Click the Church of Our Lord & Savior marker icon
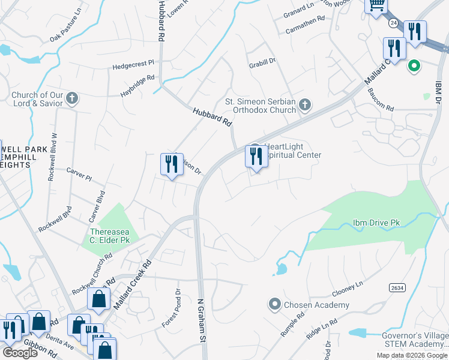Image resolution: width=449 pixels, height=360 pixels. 72,98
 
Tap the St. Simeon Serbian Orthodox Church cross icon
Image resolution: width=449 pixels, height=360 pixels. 305,106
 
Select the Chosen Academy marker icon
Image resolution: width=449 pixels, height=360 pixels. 274,305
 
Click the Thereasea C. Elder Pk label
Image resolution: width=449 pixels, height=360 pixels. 109,236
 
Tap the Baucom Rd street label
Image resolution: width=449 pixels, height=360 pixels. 381,109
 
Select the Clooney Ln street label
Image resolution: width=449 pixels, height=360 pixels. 348,290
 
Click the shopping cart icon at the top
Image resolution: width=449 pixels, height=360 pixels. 376,5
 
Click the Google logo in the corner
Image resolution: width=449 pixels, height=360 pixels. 20,353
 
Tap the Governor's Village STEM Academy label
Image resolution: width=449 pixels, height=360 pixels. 415,340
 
